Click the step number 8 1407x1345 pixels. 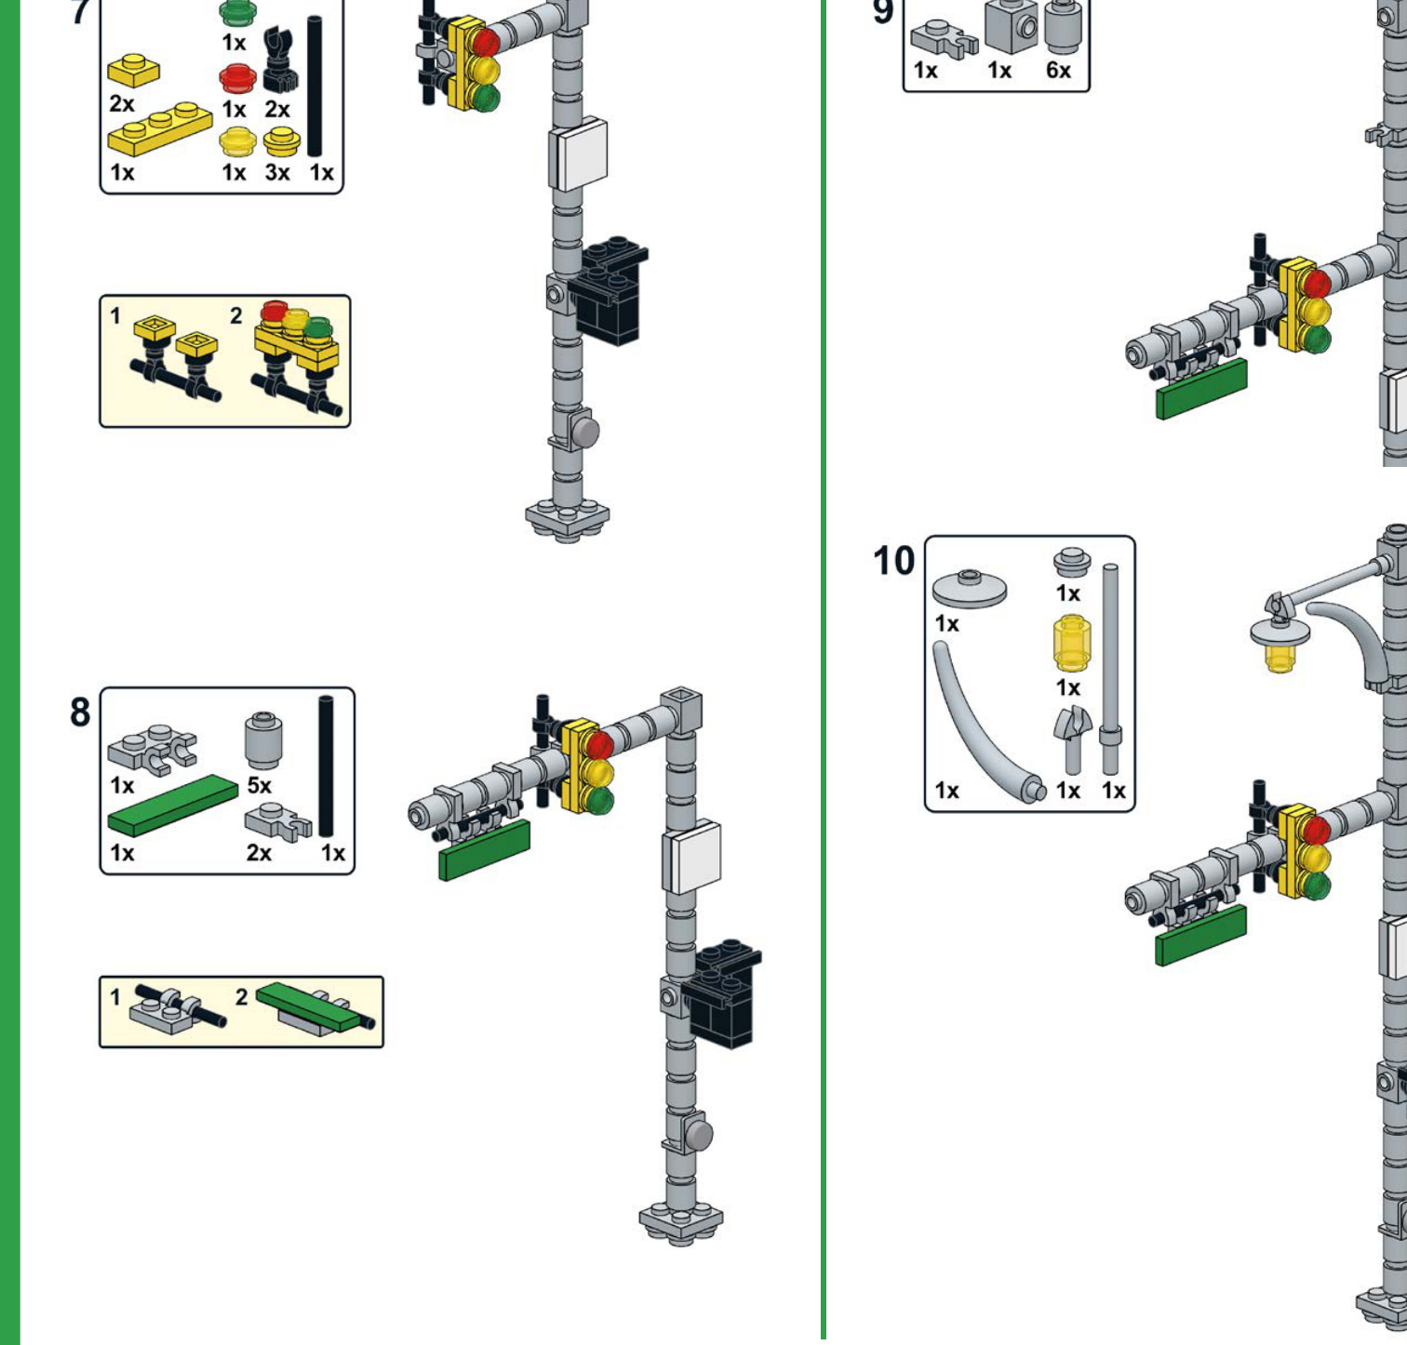click(x=80, y=712)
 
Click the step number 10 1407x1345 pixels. click(x=893, y=561)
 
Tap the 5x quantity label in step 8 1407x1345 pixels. click(x=259, y=786)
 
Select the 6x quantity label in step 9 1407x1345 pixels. click(x=1058, y=71)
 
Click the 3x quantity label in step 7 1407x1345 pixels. click(x=277, y=172)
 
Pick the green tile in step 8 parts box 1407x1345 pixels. click(x=174, y=806)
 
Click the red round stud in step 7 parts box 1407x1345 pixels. click(x=237, y=78)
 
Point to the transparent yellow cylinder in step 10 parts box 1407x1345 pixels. click(x=1070, y=643)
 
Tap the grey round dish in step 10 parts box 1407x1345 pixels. click(x=969, y=588)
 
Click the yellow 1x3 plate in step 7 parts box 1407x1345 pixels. click(x=159, y=129)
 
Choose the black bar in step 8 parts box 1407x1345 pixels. click(x=326, y=766)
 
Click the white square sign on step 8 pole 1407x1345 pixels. click(x=691, y=857)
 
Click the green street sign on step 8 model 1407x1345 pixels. click(x=484, y=850)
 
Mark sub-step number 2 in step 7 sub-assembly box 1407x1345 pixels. click(x=235, y=316)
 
